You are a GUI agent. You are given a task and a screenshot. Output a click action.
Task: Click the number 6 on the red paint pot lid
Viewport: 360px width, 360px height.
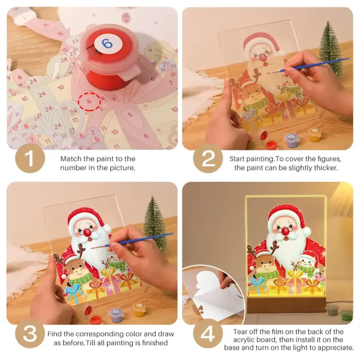point(107,44)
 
